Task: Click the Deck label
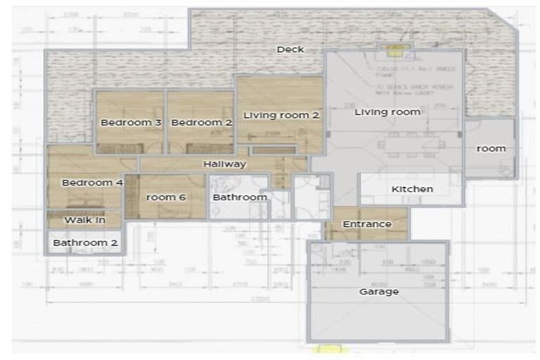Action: tap(290, 49)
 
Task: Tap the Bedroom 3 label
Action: tap(131, 122)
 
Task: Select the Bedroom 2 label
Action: tap(192, 122)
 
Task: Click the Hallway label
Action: tap(224, 164)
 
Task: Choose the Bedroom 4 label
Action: tap(92, 183)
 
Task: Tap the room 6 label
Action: tap(166, 198)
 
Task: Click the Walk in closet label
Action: tap(84, 220)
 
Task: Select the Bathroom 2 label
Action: tap(86, 243)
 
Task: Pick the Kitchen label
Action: tap(412, 189)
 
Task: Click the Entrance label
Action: tap(366, 224)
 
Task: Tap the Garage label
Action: tap(379, 291)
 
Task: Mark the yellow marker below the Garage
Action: tap(328, 349)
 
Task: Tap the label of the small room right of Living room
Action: tap(491, 148)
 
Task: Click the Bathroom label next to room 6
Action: tap(240, 198)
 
